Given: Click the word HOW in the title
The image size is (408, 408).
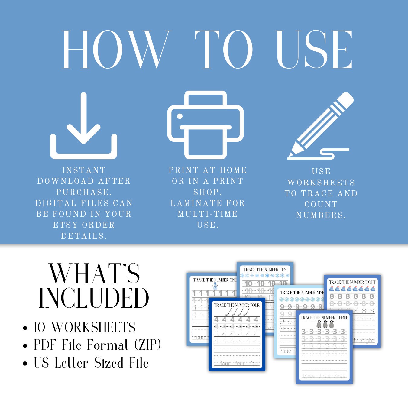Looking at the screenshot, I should click(115, 50).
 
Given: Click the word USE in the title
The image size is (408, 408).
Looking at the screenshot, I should click(314, 50).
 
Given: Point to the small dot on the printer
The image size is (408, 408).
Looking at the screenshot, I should click(180, 116).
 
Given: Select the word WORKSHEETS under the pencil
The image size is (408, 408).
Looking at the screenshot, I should click(321, 183).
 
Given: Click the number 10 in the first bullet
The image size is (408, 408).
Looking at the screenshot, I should click(40, 327).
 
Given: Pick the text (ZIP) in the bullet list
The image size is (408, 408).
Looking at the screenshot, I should click(147, 345).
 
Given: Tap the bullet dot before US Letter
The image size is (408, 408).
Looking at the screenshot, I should click(25, 363).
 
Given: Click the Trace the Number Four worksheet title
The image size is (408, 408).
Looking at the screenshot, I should click(237, 305).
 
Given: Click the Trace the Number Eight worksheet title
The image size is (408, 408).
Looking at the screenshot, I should click(352, 282).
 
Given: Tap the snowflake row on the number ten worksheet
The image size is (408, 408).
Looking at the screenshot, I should click(265, 276).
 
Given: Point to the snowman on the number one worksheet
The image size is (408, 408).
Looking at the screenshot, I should click(215, 286).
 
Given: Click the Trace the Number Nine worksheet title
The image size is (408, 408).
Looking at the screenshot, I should click(302, 293).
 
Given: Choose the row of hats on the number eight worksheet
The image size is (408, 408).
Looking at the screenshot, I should click(352, 289).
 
